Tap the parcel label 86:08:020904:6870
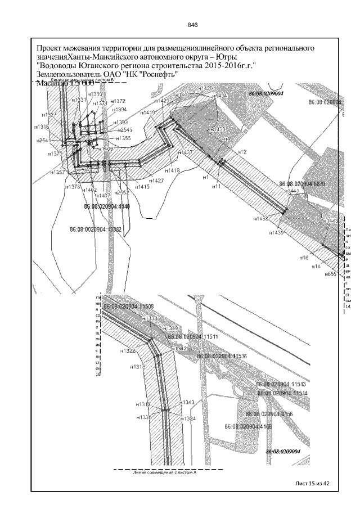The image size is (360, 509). [x=303, y=184]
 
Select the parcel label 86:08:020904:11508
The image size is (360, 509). [x=129, y=307]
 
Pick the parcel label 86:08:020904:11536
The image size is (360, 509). [x=222, y=356]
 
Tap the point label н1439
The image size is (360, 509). [x=276, y=232]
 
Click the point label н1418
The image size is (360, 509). [x=173, y=170]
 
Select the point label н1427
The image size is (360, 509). [x=157, y=181]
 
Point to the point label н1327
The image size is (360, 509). [x=49, y=115]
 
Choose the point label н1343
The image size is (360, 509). [x=187, y=402]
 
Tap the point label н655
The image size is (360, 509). [x=330, y=274]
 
